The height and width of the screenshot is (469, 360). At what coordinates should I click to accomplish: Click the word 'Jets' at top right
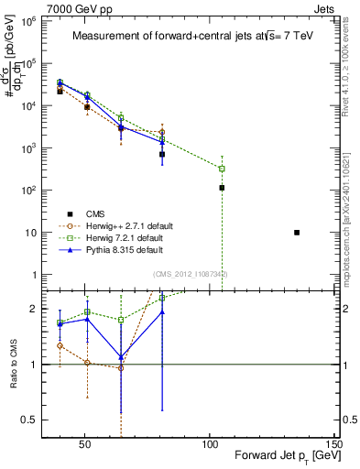[326, 6]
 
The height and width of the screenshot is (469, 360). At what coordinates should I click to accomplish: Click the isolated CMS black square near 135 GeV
[297, 233]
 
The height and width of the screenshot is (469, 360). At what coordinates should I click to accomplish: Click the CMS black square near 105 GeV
[222, 188]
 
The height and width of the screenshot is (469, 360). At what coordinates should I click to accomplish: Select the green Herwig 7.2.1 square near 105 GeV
[222, 169]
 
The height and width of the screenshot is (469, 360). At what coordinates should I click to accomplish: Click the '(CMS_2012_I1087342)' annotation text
[190, 274]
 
